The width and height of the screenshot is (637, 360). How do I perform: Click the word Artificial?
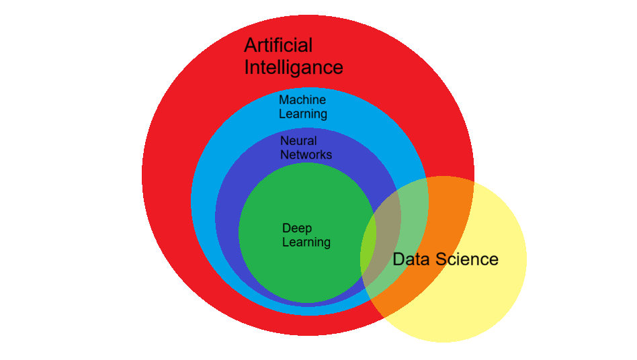pyautogui.click(x=278, y=45)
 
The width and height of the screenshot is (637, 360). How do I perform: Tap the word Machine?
pyautogui.click(x=302, y=100)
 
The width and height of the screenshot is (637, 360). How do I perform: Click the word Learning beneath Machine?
pyautogui.click(x=302, y=114)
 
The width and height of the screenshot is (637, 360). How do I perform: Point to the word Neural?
pyautogui.click(x=298, y=141)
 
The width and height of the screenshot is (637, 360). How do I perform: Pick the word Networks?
pyautogui.click(x=306, y=154)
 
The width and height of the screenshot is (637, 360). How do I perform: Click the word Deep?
pyautogui.click(x=297, y=229)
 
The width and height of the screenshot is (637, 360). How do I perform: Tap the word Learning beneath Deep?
pyautogui.click(x=306, y=242)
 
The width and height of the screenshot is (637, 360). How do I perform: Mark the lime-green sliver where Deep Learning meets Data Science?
pyautogui.click(x=368, y=248)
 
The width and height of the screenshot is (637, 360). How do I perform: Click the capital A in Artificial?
pyautogui.click(x=251, y=45)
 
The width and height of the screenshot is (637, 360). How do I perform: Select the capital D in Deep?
pyautogui.click(x=287, y=228)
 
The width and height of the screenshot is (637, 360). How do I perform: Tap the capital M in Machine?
pyautogui.click(x=284, y=100)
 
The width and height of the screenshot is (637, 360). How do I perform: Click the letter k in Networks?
pyautogui.click(x=319, y=154)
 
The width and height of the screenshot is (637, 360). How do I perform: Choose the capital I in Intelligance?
pyautogui.click(x=246, y=67)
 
